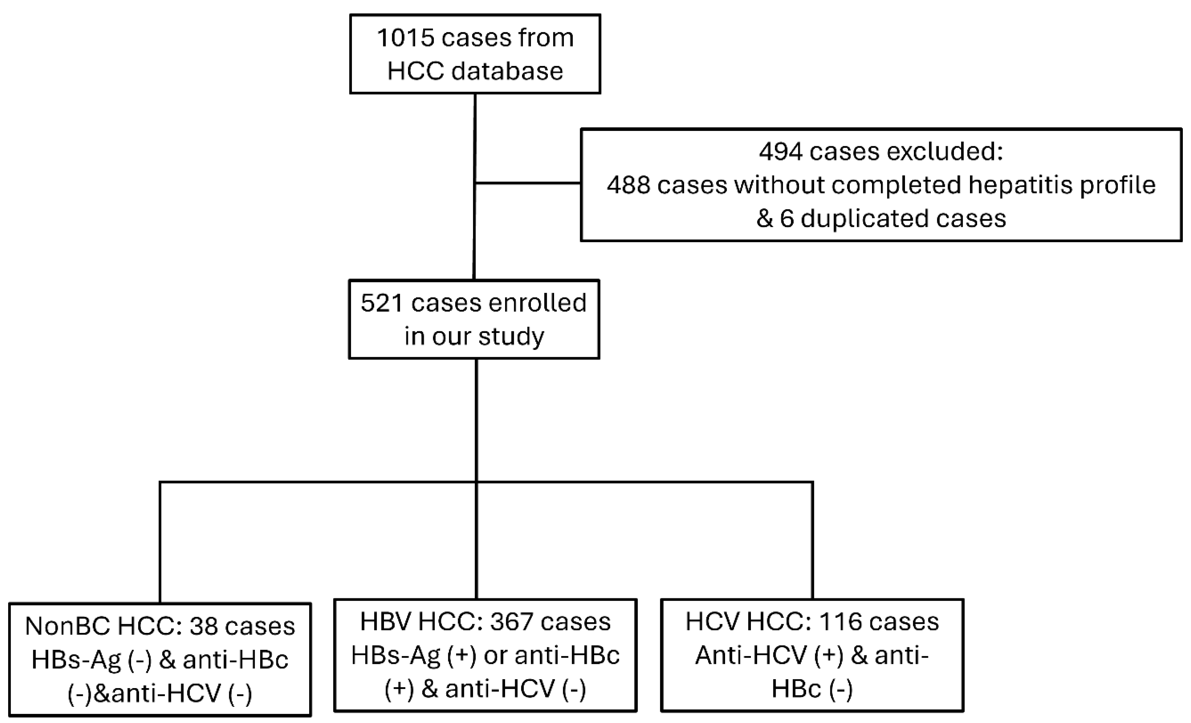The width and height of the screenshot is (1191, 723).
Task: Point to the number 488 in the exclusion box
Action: (628, 185)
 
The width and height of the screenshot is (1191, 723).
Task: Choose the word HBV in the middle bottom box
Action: (385, 622)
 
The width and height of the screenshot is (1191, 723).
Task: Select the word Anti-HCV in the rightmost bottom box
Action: (751, 656)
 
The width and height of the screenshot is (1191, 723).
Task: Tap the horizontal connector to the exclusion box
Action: (528, 183)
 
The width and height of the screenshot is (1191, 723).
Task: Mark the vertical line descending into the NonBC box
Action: (160, 541)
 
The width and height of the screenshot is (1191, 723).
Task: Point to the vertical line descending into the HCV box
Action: (813, 541)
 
